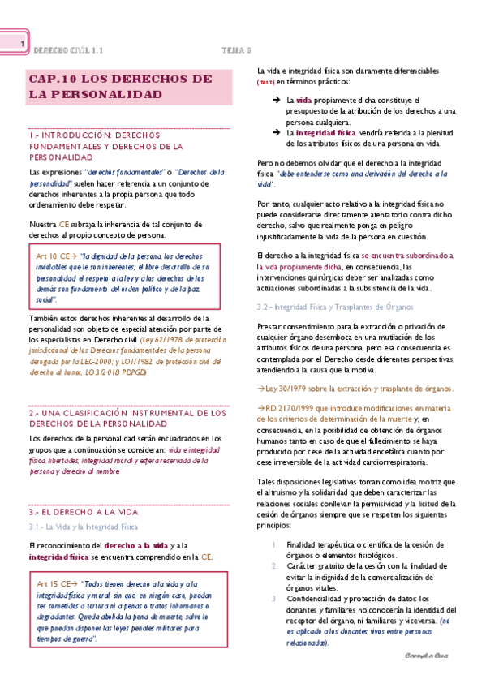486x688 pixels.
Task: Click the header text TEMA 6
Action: [x=238, y=50]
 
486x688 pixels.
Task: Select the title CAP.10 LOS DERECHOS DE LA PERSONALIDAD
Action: [x=120, y=87]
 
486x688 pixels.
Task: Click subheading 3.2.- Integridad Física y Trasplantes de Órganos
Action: [x=334, y=307]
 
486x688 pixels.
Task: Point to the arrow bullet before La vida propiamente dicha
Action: [x=276, y=100]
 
